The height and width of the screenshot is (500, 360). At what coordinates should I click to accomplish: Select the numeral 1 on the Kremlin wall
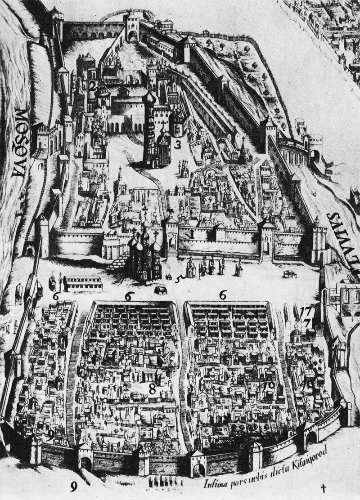tap(193, 233)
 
